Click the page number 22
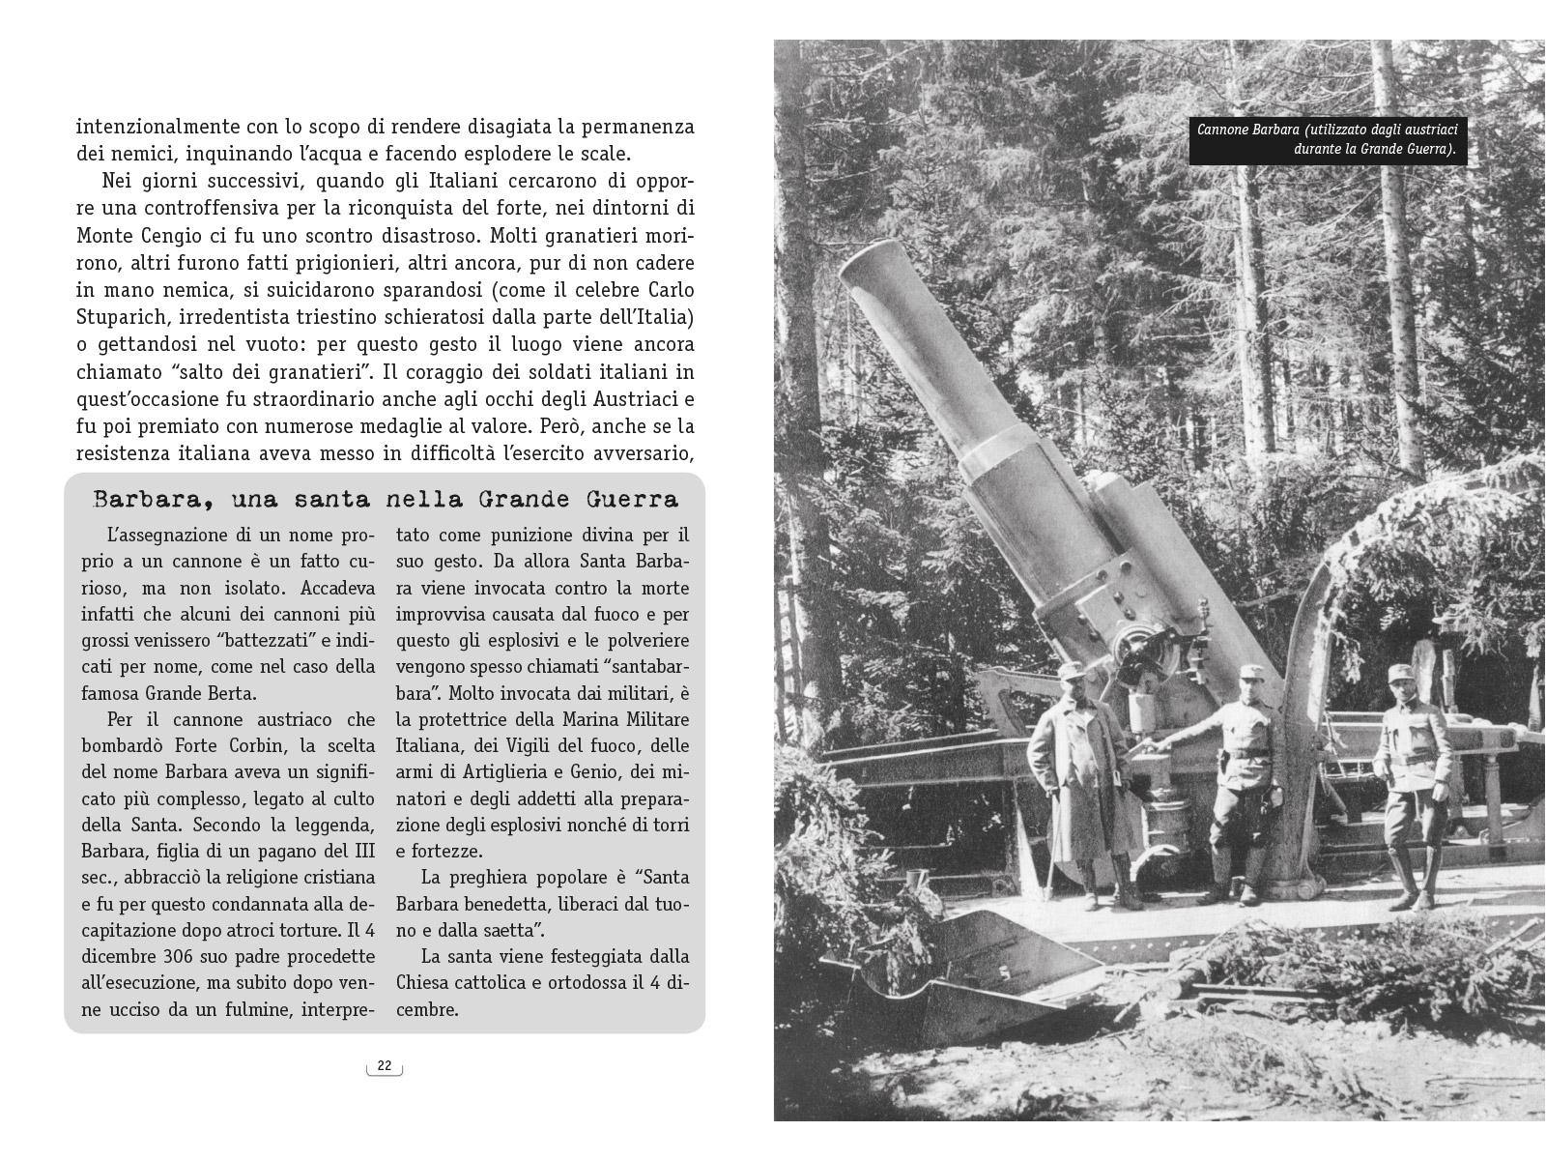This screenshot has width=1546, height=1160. click(385, 1066)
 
